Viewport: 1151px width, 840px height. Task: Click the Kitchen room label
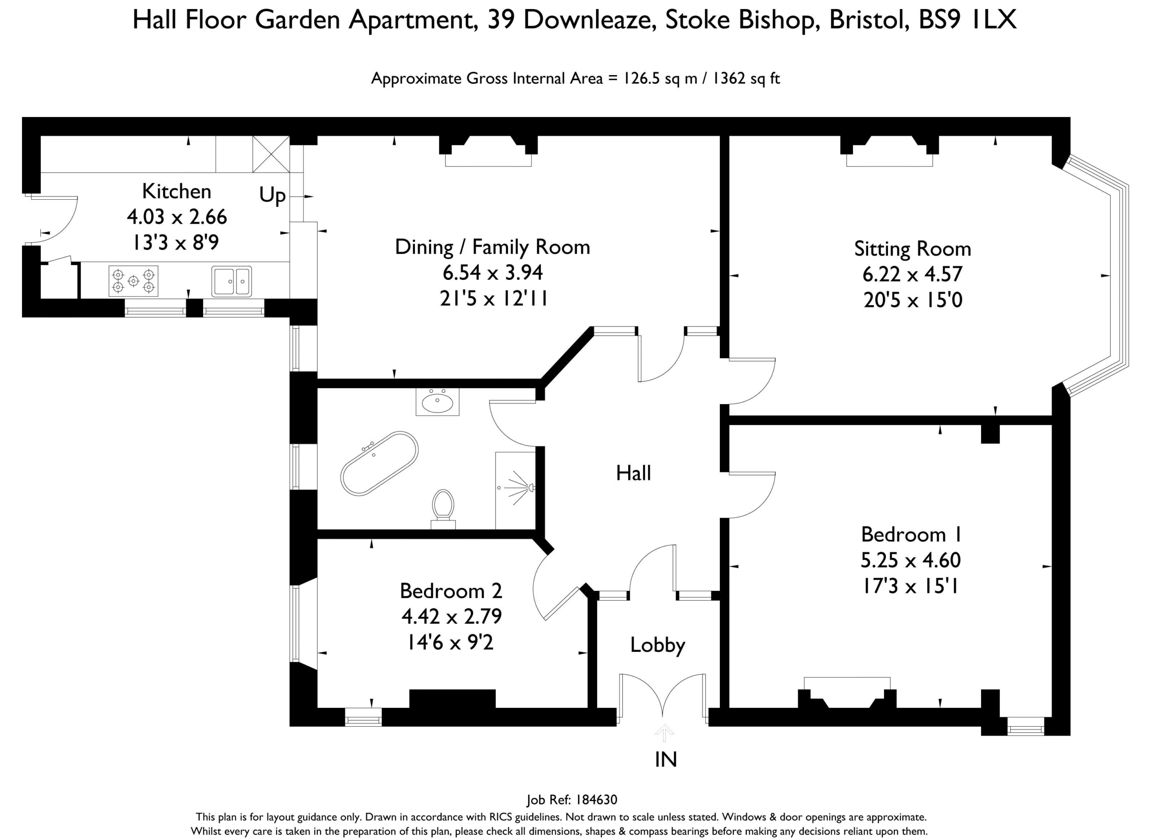[176, 192]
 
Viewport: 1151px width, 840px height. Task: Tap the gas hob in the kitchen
[133, 281]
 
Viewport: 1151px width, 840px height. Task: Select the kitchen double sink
[232, 281]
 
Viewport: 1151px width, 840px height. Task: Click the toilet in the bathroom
[443, 508]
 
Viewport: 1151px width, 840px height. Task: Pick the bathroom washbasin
[437, 402]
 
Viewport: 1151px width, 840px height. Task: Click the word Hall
[633, 473]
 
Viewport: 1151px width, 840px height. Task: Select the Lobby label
[658, 645]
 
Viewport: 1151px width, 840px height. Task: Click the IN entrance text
[666, 759]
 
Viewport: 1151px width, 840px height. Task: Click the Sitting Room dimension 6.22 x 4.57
[912, 274]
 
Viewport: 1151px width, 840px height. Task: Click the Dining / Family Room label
[492, 247]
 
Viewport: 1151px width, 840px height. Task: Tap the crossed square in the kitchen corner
[271, 154]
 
